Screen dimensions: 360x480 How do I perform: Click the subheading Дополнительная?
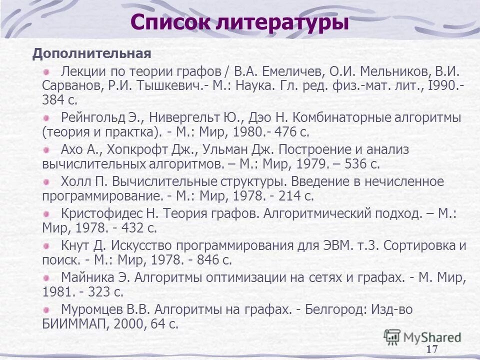pyautogui.click(x=91, y=53)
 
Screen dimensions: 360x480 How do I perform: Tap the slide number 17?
pyautogui.click(x=432, y=349)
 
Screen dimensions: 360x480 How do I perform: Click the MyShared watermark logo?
pyautogui.click(x=423, y=336)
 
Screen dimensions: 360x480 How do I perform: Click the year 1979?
pyautogui.click(x=312, y=164)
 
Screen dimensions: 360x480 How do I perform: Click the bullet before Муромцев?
pyautogui.click(x=46, y=309)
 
